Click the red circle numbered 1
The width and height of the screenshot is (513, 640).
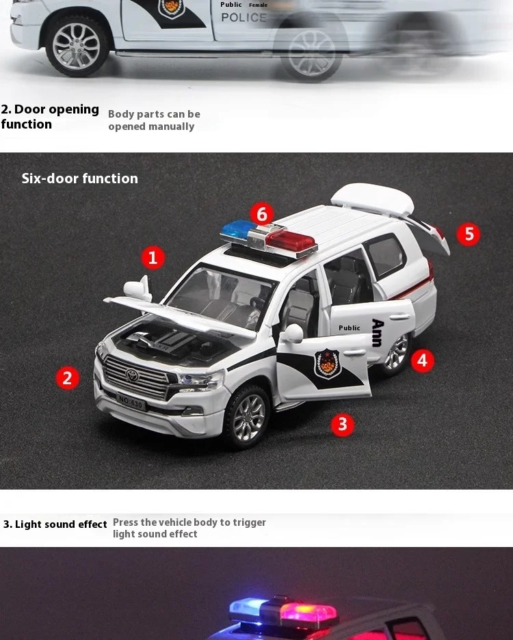[153, 258]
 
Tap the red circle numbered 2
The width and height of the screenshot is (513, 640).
[68, 377]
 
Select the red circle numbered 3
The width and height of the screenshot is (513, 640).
[342, 424]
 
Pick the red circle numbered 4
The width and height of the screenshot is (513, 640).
[422, 360]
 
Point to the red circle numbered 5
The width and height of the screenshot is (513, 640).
[468, 235]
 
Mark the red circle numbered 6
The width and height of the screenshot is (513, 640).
[262, 214]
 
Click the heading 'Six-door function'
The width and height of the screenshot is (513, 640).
[79, 178]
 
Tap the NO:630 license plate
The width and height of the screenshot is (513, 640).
[131, 402]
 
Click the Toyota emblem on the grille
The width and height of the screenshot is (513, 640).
[132, 375]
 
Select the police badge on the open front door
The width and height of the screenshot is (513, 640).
[327, 363]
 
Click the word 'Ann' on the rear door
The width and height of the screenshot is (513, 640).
[378, 333]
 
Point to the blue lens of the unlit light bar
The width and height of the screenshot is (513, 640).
[239, 229]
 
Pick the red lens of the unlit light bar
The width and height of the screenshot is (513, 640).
[291, 241]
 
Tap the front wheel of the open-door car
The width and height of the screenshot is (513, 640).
[248, 417]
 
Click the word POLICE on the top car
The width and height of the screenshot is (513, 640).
[244, 18]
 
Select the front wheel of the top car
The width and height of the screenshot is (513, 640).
[77, 46]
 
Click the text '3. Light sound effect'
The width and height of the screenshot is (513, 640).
[55, 524]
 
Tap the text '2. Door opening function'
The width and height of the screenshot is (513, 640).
[50, 117]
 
